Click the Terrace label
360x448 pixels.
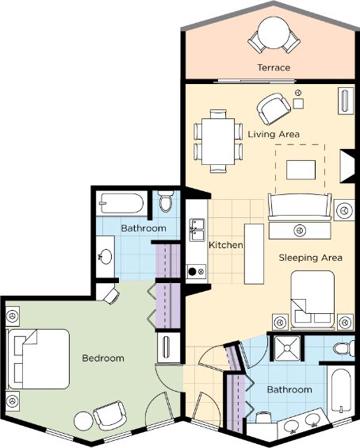[x=274, y=67]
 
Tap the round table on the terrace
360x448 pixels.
[x=274, y=33]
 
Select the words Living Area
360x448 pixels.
[x=274, y=134]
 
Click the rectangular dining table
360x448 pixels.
[x=218, y=141]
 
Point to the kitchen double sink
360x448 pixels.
[x=197, y=230]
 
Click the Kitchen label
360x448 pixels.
[x=226, y=245]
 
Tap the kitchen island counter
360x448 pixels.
[x=254, y=254]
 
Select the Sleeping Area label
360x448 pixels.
[x=310, y=258]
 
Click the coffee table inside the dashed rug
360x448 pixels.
[x=301, y=170]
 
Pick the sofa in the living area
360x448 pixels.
[x=300, y=207]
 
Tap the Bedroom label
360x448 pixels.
[x=103, y=358]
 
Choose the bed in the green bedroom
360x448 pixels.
[x=38, y=359]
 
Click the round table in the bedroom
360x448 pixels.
[x=83, y=421]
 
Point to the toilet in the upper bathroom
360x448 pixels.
[x=166, y=201]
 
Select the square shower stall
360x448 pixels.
[x=287, y=348]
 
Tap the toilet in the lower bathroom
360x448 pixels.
[x=343, y=349]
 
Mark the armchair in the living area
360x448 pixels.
[x=274, y=109]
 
